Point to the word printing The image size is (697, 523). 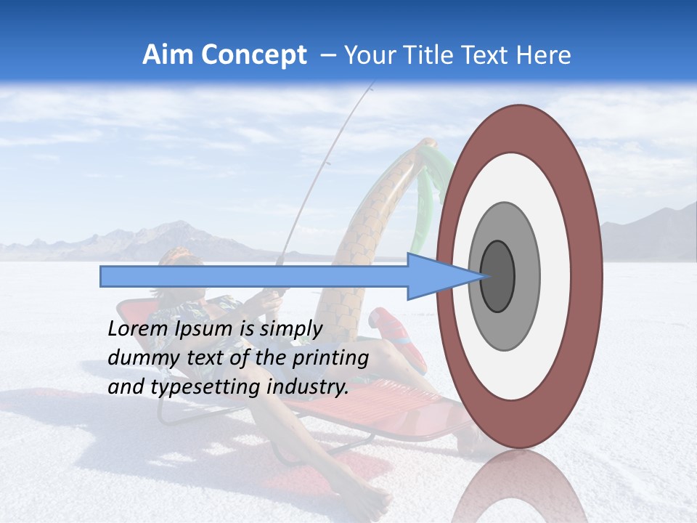pyautogui.click(x=330, y=358)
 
